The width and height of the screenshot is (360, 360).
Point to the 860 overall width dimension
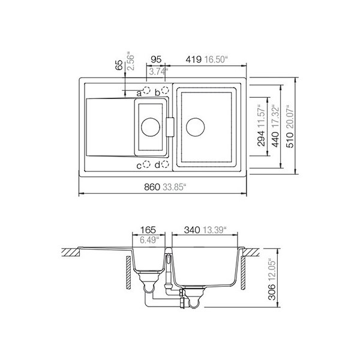pyautogui.click(x=152, y=187)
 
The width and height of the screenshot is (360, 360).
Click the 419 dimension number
pyautogui.click(x=194, y=59)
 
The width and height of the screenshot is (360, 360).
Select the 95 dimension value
pyautogui.click(x=156, y=59)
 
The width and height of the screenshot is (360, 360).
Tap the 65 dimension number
pyautogui.click(x=119, y=65)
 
